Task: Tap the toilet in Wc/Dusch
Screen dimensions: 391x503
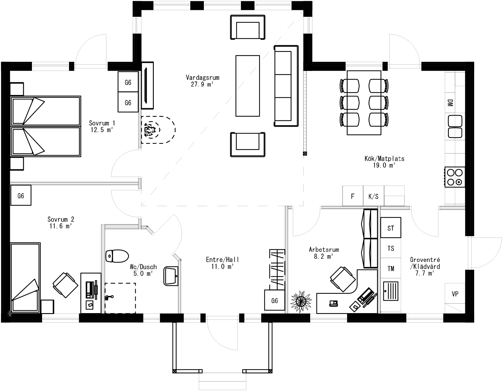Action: tap(117, 256)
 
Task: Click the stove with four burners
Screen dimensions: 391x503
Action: tap(455, 177)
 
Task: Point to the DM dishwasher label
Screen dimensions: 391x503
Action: tap(450, 103)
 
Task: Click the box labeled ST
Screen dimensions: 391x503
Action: tap(391, 228)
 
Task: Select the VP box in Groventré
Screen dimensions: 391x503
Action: tap(455, 294)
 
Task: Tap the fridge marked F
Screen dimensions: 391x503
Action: tap(353, 196)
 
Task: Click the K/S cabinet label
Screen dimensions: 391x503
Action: tap(374, 196)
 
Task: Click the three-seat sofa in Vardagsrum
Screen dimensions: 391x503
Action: tap(286, 86)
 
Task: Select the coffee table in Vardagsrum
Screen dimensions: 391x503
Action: tap(248, 85)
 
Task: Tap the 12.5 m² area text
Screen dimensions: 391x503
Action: tap(102, 129)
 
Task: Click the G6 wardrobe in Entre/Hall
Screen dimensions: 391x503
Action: tap(274, 300)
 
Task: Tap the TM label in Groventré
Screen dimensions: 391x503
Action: tap(391, 269)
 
